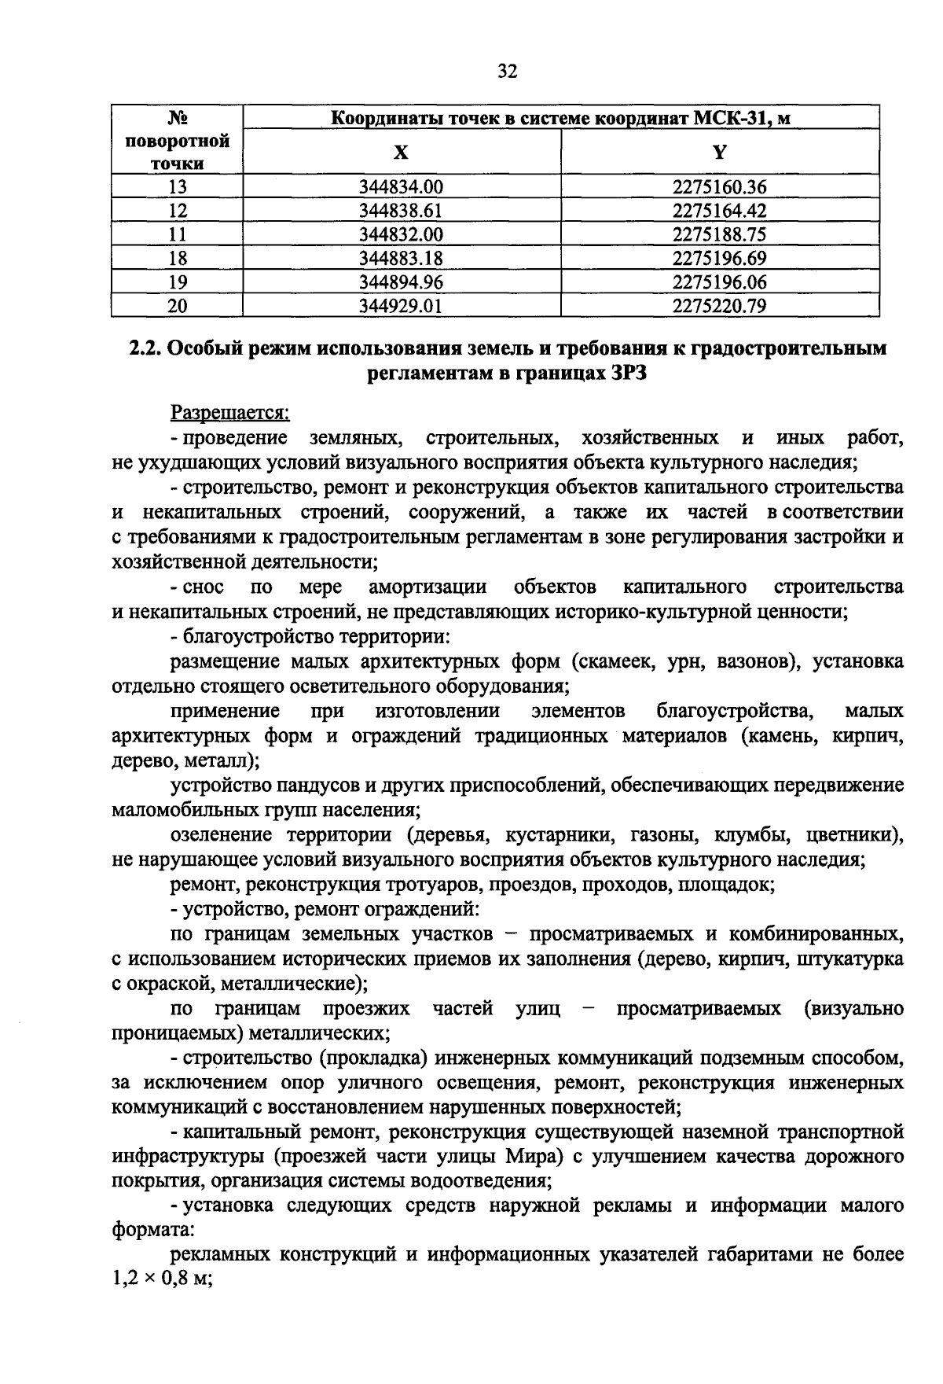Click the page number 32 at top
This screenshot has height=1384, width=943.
pos(507,72)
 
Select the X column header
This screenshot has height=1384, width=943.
pos(401,152)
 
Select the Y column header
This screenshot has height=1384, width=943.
pos(719,152)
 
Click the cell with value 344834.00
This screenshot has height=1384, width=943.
pos(401,187)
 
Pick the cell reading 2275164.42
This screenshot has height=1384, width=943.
pos(719,211)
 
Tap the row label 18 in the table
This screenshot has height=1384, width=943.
pos(178,258)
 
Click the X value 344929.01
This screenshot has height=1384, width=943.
pos(401,305)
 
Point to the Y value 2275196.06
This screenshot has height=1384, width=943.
pos(719,282)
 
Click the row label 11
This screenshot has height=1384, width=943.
pos(178,234)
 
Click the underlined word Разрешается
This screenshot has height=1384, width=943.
pos(231,412)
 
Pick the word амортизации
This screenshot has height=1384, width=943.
pos(427,587)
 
